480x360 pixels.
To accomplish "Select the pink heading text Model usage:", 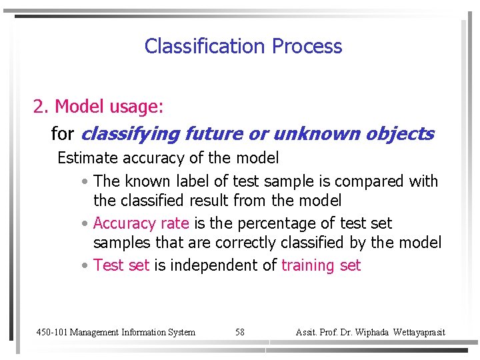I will (x=109, y=106).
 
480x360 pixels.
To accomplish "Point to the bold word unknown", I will (x=313, y=134).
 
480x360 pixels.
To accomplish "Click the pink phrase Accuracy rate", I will (x=141, y=223).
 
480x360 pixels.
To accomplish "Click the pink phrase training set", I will (x=321, y=265).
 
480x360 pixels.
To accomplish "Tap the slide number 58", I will (x=240, y=332).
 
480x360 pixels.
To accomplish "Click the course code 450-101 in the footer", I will (x=51, y=332).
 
